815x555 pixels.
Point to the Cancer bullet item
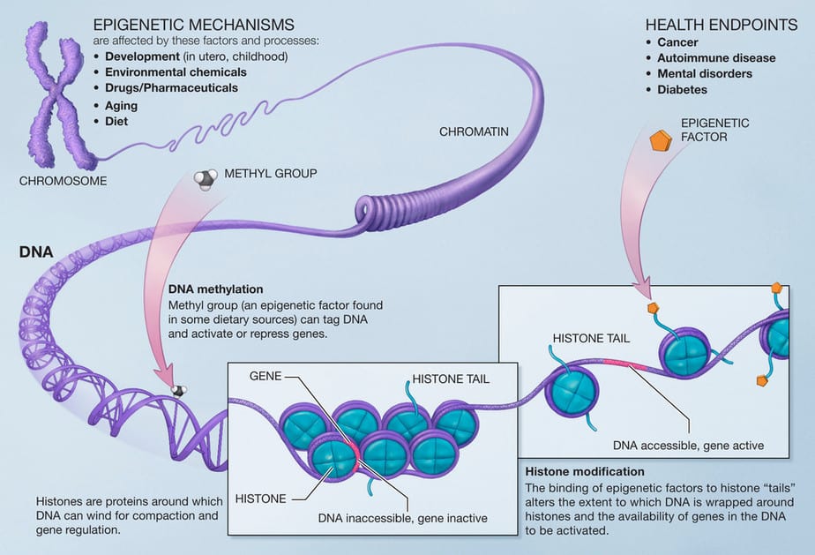click(x=677, y=42)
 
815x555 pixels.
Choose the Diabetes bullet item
click(x=682, y=89)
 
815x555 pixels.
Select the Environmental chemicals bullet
click(x=176, y=72)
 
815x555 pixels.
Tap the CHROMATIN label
click(x=474, y=132)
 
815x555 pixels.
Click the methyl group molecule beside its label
click(x=205, y=180)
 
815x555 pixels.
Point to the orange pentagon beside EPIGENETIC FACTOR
click(x=662, y=141)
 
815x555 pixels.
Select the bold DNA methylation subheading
click(x=217, y=289)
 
